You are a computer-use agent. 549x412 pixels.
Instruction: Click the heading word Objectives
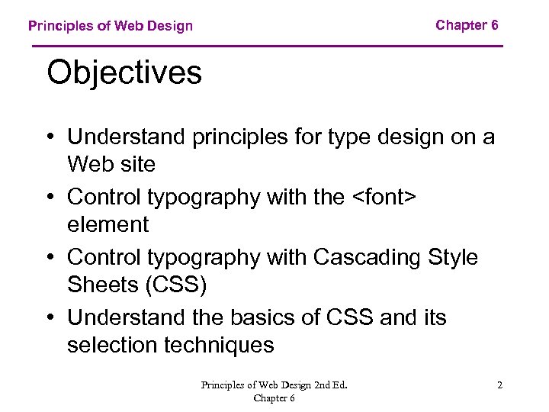(124, 74)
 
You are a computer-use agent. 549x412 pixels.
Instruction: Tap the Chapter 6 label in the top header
(467, 25)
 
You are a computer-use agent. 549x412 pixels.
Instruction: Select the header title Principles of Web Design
(111, 26)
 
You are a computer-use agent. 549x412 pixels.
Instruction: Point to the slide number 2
(499, 385)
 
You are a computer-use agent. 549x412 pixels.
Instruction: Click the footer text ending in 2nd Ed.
(274, 385)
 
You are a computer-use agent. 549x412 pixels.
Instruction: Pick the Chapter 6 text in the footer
(274, 398)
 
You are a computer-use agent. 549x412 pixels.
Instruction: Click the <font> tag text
(384, 197)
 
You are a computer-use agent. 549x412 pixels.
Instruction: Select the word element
(108, 225)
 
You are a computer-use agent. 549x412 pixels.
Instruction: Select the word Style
(451, 257)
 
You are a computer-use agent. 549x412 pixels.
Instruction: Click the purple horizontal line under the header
(267, 47)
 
